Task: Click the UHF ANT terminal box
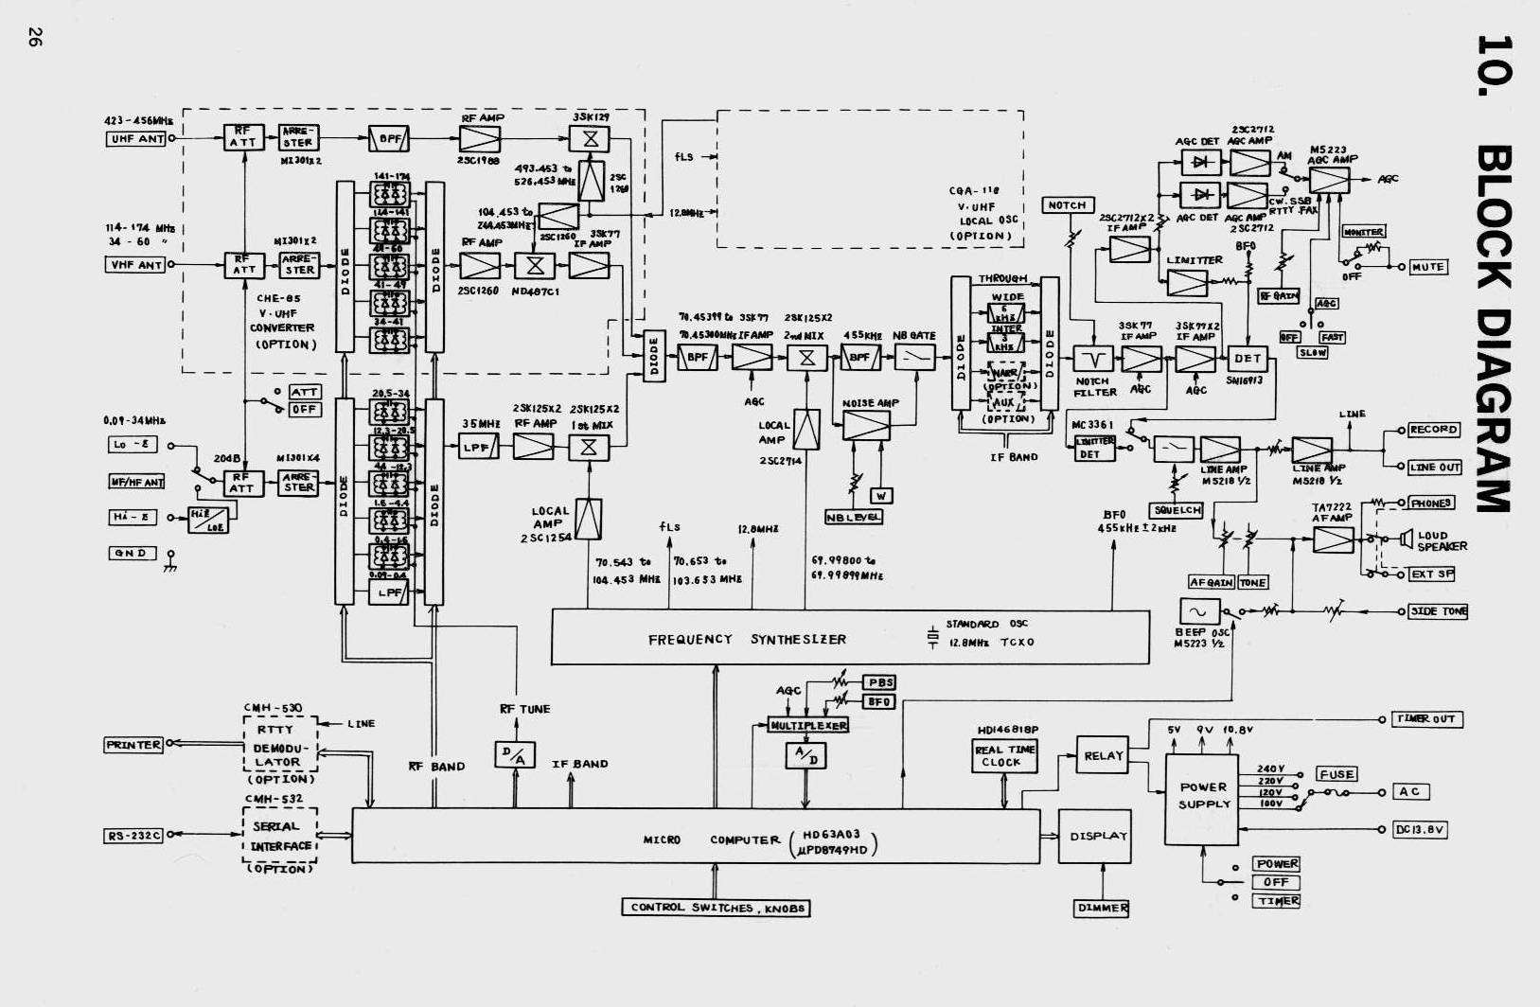135,139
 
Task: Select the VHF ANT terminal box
134,265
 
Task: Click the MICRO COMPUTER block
695,836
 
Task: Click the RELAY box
1103,755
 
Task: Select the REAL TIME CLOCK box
1004,755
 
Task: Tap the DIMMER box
1103,908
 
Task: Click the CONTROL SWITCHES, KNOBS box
717,908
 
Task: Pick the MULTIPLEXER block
807,725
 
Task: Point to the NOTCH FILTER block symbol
1094,359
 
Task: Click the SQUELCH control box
1177,510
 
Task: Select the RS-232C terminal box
133,836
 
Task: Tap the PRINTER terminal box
133,745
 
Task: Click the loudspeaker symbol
1404,539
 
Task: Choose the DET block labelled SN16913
1248,359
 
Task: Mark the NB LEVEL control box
853,517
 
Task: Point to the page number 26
35,39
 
